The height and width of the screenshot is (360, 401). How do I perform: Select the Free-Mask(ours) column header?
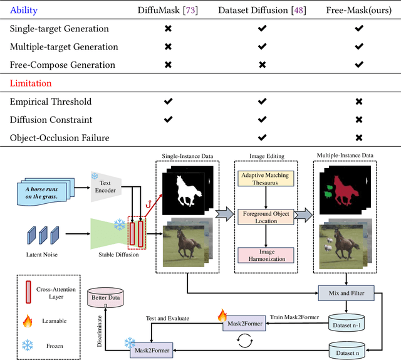pos(356,10)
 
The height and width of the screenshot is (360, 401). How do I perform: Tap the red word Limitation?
pos(31,83)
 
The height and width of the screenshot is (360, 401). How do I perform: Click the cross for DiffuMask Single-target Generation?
pos(167,29)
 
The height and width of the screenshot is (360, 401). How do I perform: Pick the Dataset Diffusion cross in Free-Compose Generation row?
pos(262,65)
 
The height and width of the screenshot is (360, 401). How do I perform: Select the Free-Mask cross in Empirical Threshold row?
pos(358,101)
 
